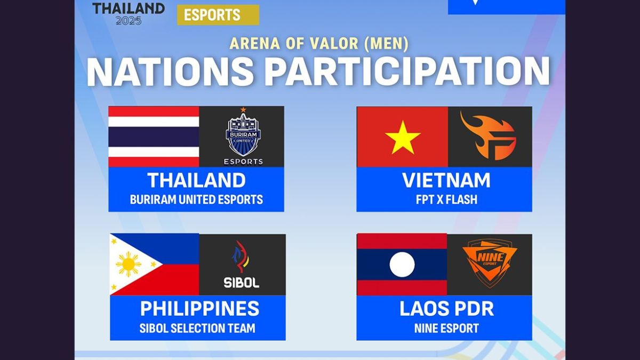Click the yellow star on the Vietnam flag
coord(403,137)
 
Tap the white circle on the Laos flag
coord(402,265)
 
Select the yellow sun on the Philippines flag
coord(129,265)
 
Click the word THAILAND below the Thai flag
coord(196,180)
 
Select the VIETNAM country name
coord(446,180)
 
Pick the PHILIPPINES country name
coord(199,308)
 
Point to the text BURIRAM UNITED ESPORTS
coord(196,200)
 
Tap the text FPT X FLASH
coord(446,200)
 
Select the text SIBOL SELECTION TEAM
coord(197,328)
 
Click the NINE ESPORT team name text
coord(446,328)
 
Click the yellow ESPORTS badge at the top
coord(218,15)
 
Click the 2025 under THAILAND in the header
coord(129,20)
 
